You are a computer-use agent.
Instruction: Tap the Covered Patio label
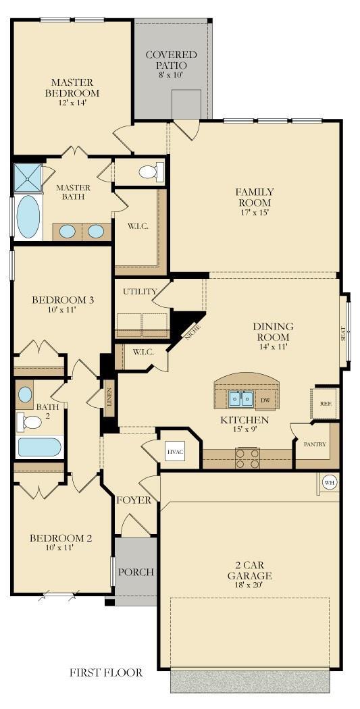pyautogui.click(x=171, y=60)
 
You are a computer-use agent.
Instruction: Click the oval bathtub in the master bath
pyautogui.click(x=28, y=217)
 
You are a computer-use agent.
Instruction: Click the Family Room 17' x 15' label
pyautogui.click(x=254, y=197)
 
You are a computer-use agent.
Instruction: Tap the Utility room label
pyautogui.click(x=140, y=291)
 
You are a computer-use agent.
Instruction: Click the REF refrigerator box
pyautogui.click(x=324, y=403)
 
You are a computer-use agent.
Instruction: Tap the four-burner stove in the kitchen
pyautogui.click(x=247, y=458)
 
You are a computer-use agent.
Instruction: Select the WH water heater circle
pyautogui.click(x=329, y=482)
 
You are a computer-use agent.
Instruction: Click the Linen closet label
pyautogui.click(x=109, y=399)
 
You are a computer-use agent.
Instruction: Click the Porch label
pyautogui.click(x=136, y=572)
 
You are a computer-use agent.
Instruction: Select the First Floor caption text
pyautogui.click(x=106, y=672)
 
